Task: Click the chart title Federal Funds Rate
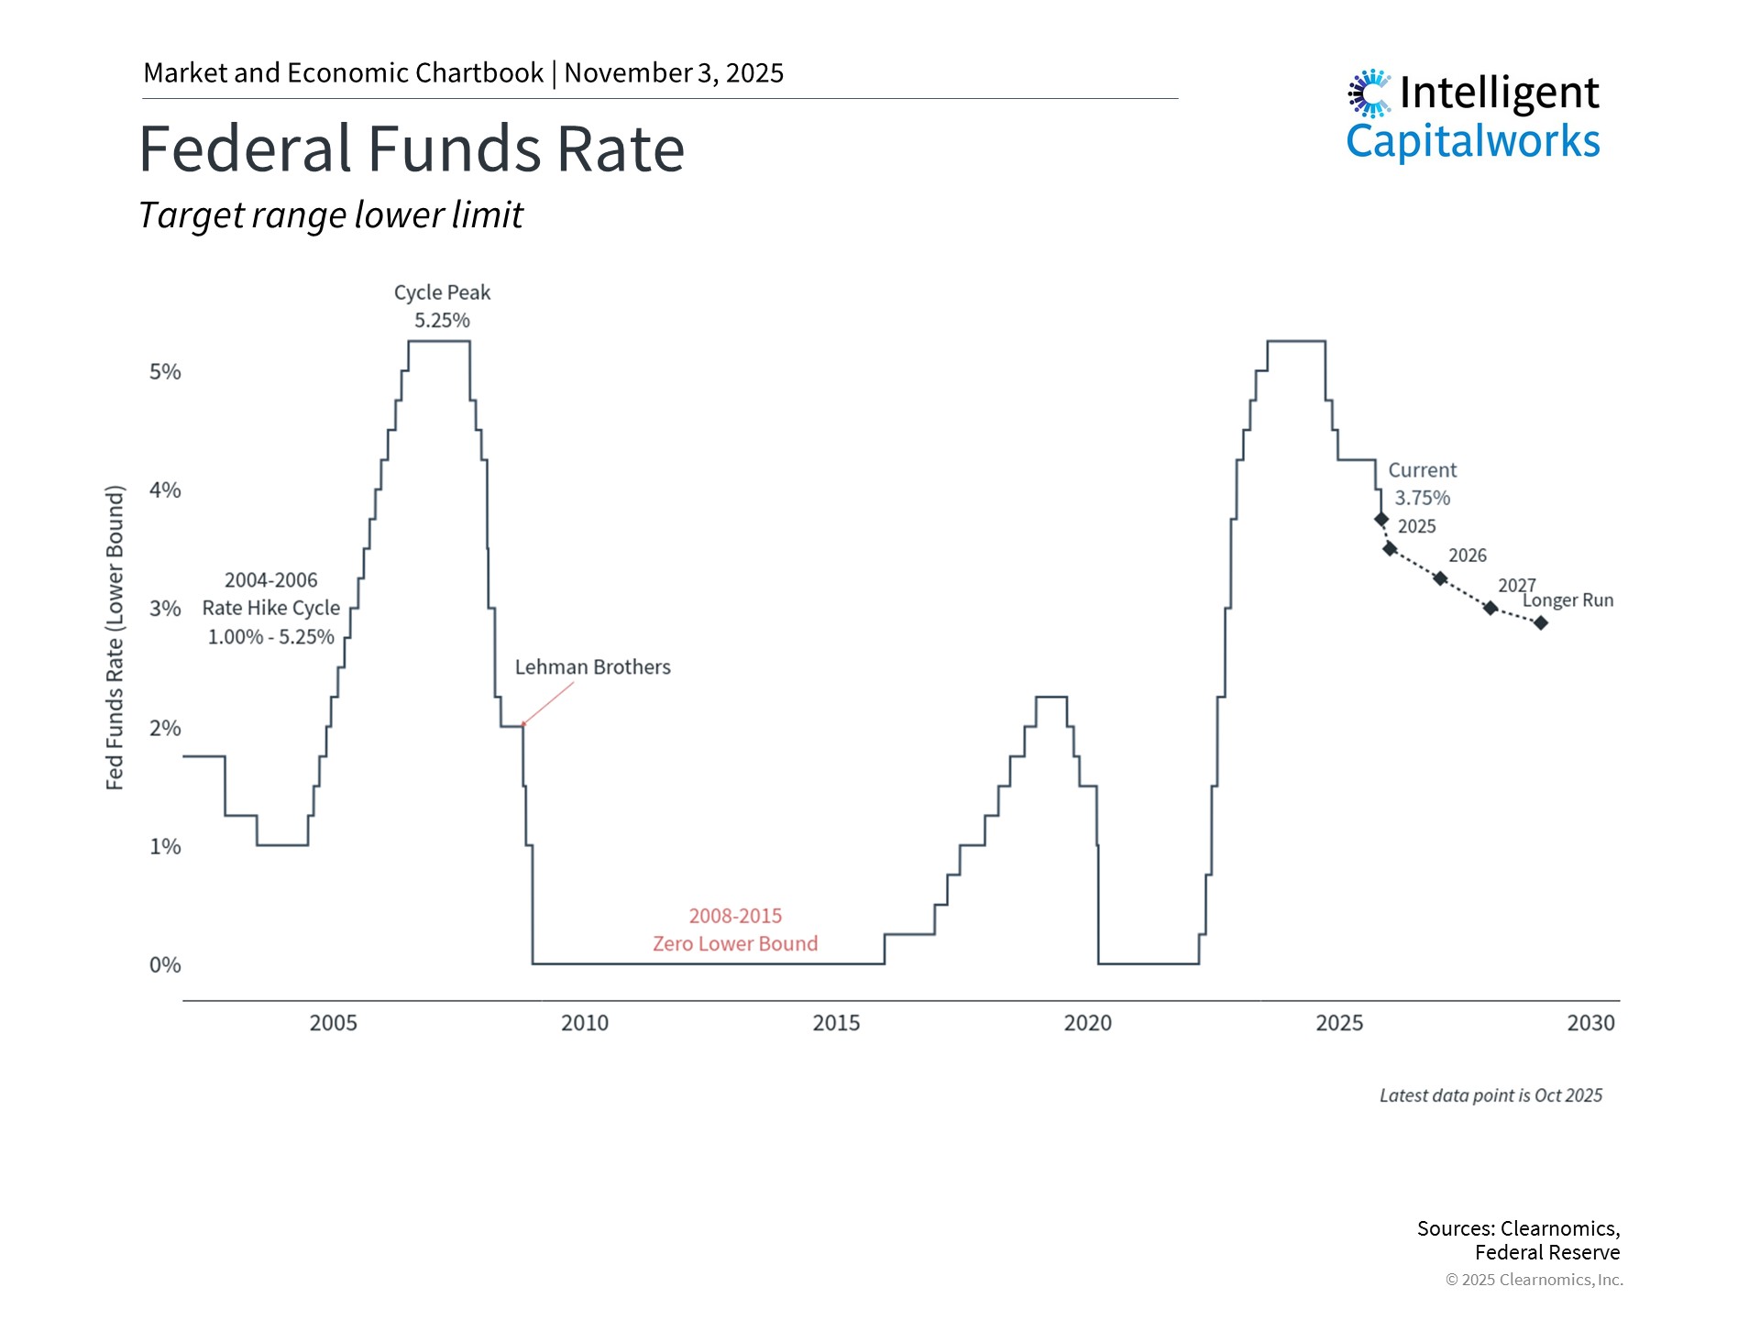click(x=412, y=149)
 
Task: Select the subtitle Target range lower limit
click(x=331, y=215)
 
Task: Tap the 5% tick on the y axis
click(x=165, y=372)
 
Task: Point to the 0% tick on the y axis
click(x=165, y=964)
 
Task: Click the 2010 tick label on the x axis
click(x=584, y=1023)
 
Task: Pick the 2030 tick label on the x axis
click(x=1590, y=1023)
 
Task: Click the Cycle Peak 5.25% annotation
click(x=442, y=306)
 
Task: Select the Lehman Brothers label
click(x=592, y=667)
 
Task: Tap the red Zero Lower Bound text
click(x=734, y=944)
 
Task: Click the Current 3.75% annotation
click(x=1422, y=484)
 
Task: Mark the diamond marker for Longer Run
click(x=1541, y=623)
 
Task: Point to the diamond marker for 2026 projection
click(x=1440, y=578)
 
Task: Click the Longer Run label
click(x=1567, y=600)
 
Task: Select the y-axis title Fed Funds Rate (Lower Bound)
click(x=115, y=637)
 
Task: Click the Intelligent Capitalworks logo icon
click(x=1369, y=93)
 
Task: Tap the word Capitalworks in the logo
click(x=1472, y=142)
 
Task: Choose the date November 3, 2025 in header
click(x=674, y=73)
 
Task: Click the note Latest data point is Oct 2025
click(x=1490, y=1095)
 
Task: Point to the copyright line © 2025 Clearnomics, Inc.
click(x=1534, y=1280)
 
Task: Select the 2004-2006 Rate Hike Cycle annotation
click(x=270, y=608)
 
